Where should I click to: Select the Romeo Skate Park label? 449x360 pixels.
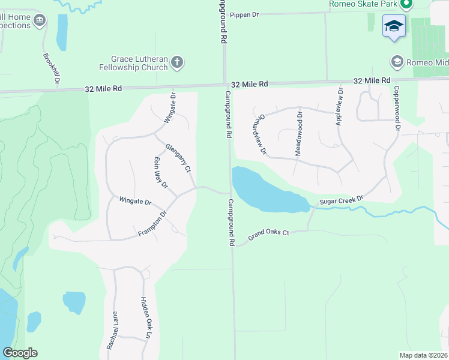click(363, 4)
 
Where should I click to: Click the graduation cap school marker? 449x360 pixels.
click(394, 26)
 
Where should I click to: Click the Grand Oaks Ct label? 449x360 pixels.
click(269, 232)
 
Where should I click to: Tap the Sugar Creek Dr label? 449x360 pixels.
click(342, 199)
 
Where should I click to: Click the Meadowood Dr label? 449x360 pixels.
click(298, 133)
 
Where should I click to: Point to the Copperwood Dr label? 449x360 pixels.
click(397, 109)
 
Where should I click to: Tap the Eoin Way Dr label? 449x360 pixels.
click(160, 176)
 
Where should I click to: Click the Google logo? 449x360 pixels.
click(20, 353)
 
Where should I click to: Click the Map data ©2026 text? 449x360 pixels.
click(423, 355)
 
